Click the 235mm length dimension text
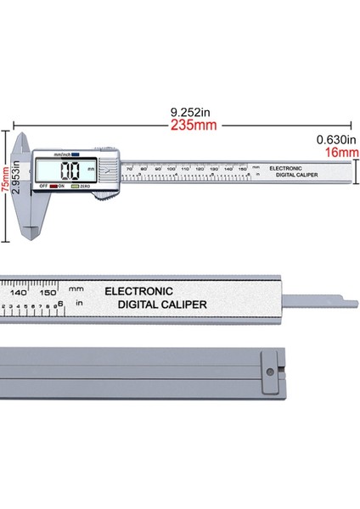point(194,125)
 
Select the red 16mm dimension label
point(339,153)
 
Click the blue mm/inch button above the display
point(75,154)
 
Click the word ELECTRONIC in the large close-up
point(138,291)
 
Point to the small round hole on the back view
point(271,371)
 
